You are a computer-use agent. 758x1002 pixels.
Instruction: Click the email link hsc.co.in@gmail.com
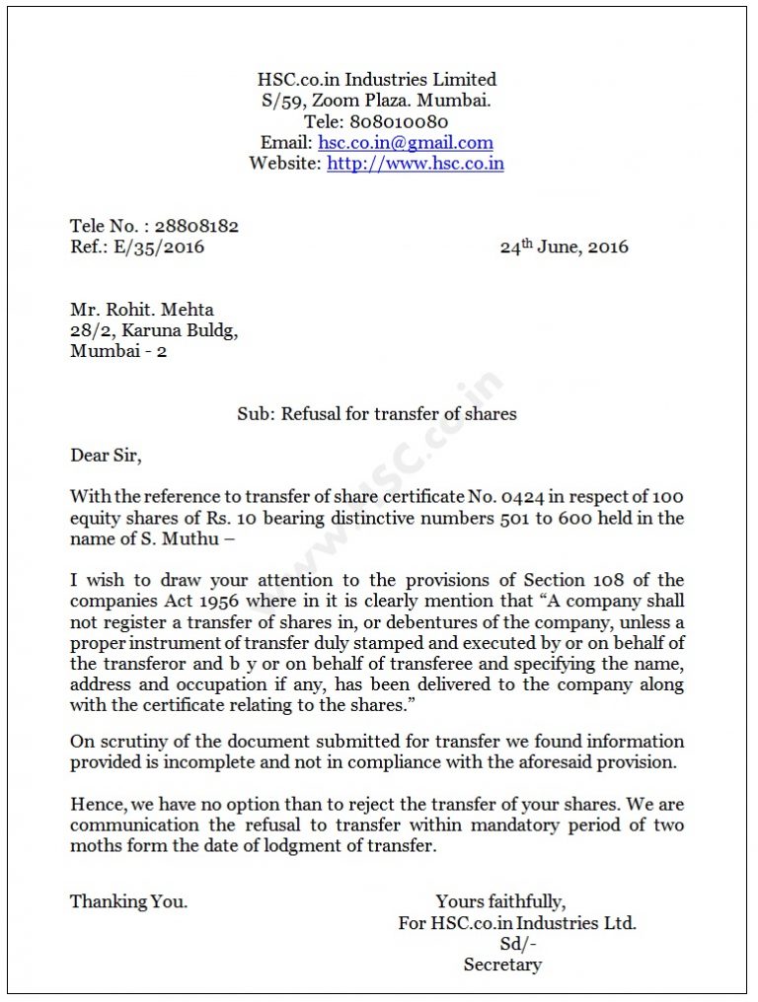pos(405,143)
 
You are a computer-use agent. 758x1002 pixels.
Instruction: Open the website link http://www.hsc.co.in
pos(415,164)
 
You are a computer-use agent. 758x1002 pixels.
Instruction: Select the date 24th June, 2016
pos(564,248)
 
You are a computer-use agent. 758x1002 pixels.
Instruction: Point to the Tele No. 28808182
pos(196,226)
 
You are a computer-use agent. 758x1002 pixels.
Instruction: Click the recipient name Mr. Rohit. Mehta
pos(141,310)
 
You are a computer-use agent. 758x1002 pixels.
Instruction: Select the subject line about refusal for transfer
pos(376,414)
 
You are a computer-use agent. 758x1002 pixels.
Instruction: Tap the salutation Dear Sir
pos(106,456)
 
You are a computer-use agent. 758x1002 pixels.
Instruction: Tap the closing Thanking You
pos(128,901)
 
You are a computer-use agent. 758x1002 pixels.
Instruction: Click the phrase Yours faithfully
pos(500,901)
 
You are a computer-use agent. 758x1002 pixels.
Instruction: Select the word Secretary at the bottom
pos(502,965)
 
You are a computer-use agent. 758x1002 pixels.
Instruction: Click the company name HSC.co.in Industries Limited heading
pos(376,80)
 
